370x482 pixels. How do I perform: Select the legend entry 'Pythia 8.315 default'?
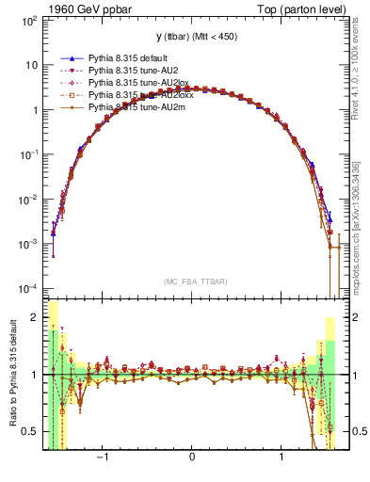tap(119, 58)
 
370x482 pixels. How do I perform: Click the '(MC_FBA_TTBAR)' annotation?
tap(192, 281)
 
